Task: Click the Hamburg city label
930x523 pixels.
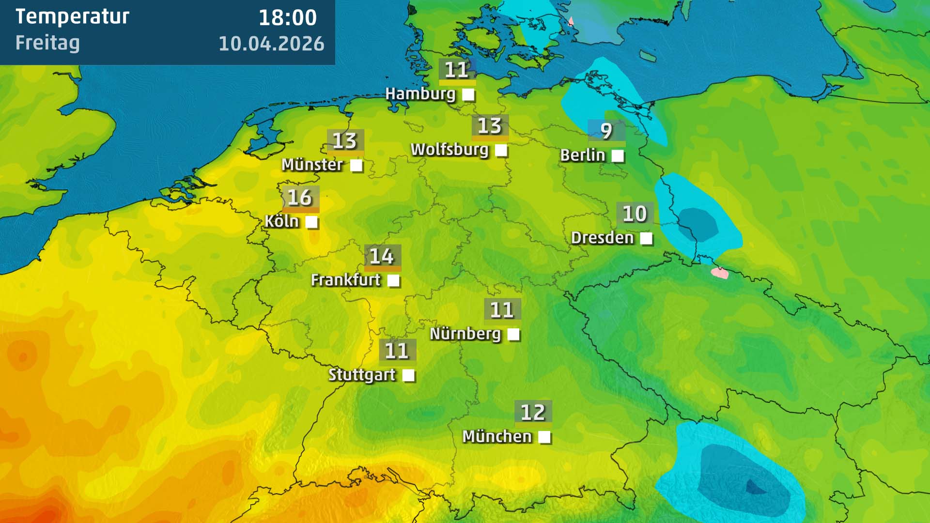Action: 420,93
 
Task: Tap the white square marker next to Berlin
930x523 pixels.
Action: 618,156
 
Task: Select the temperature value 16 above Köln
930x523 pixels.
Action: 300,198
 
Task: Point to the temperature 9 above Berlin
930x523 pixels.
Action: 606,131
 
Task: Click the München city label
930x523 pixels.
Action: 497,436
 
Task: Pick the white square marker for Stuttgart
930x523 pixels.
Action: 408,375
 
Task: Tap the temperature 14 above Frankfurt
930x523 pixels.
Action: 382,257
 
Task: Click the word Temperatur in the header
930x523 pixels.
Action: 73,17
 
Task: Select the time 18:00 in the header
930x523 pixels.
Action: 288,18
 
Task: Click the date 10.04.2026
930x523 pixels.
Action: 271,44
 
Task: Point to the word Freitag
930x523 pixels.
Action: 47,43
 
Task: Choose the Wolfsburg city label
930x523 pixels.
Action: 449,150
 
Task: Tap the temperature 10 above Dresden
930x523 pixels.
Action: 635,214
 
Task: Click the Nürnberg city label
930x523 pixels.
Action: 465,334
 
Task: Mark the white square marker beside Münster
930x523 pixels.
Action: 356,166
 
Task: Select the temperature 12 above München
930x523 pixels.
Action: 533,413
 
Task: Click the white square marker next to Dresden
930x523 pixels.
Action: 646,238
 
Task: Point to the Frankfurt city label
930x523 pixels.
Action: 346,280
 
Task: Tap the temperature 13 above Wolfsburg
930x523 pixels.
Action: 490,126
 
